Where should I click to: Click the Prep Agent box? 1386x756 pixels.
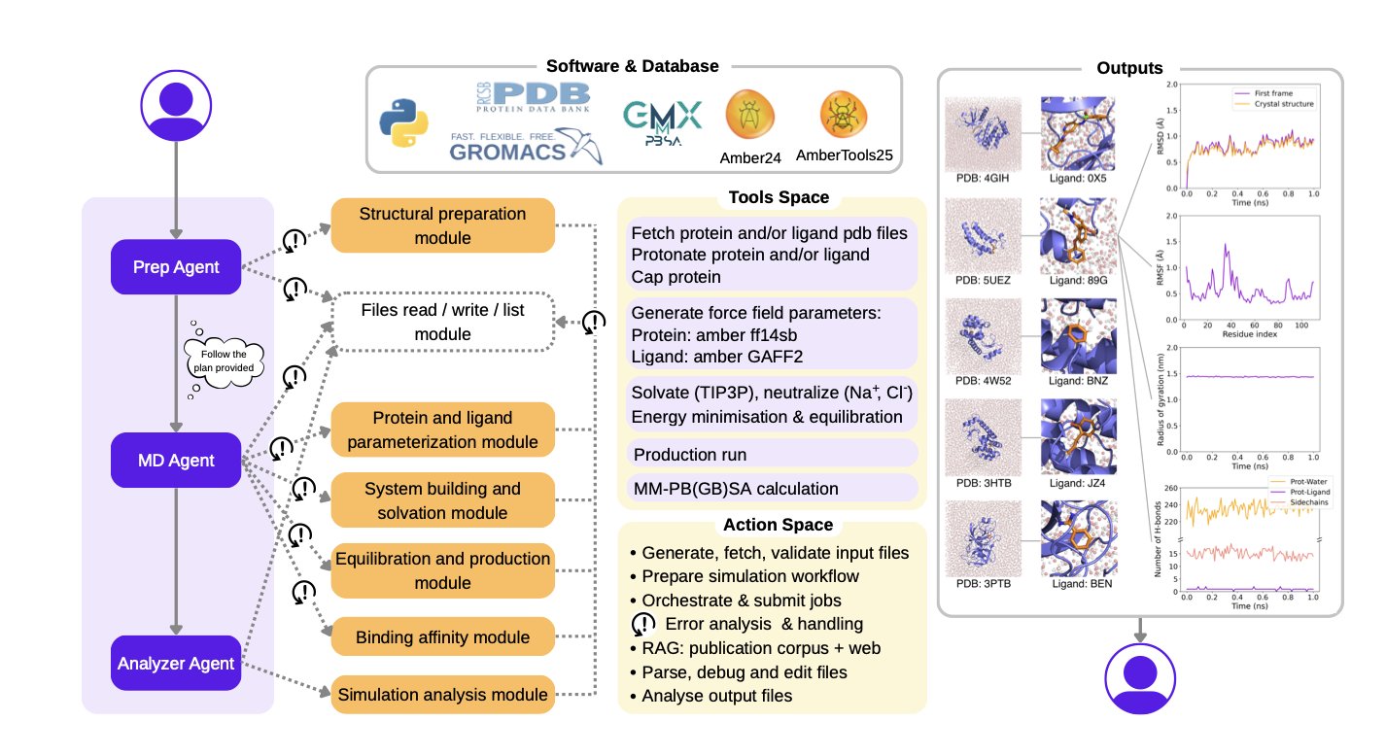click(175, 266)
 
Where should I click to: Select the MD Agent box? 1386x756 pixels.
click(175, 460)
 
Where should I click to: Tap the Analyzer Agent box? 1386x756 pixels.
click(175, 664)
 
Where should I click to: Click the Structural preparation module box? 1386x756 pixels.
click(442, 225)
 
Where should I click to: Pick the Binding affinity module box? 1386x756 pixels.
click(442, 637)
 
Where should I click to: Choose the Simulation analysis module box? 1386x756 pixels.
click(442, 695)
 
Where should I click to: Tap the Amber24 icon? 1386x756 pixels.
click(749, 117)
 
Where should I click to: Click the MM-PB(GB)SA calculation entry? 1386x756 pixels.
click(735, 489)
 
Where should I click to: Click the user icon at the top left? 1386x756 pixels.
click(175, 101)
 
